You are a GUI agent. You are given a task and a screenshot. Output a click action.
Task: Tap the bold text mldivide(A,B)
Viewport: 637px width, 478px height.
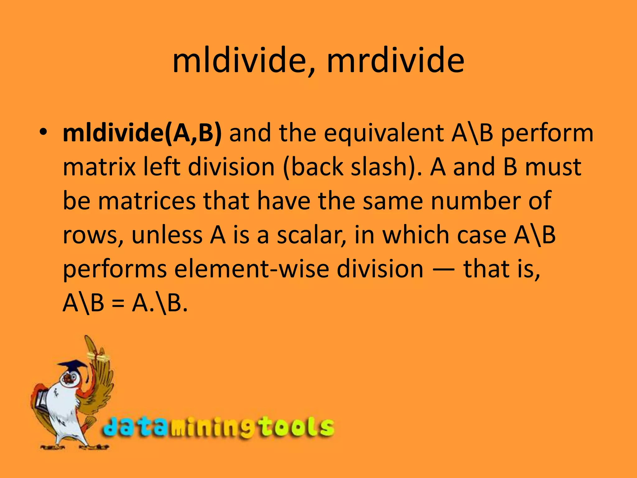pos(142,133)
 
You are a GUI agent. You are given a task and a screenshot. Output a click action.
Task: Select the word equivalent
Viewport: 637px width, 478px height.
pos(384,133)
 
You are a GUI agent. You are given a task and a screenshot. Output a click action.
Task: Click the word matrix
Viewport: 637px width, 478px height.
pos(99,167)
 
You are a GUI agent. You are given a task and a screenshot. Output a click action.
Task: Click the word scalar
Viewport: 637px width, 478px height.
pos(311,235)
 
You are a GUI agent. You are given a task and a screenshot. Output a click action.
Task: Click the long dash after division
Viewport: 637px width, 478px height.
pos(443,269)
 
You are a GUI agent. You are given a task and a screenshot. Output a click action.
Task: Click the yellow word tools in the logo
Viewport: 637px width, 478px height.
pos(297,428)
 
